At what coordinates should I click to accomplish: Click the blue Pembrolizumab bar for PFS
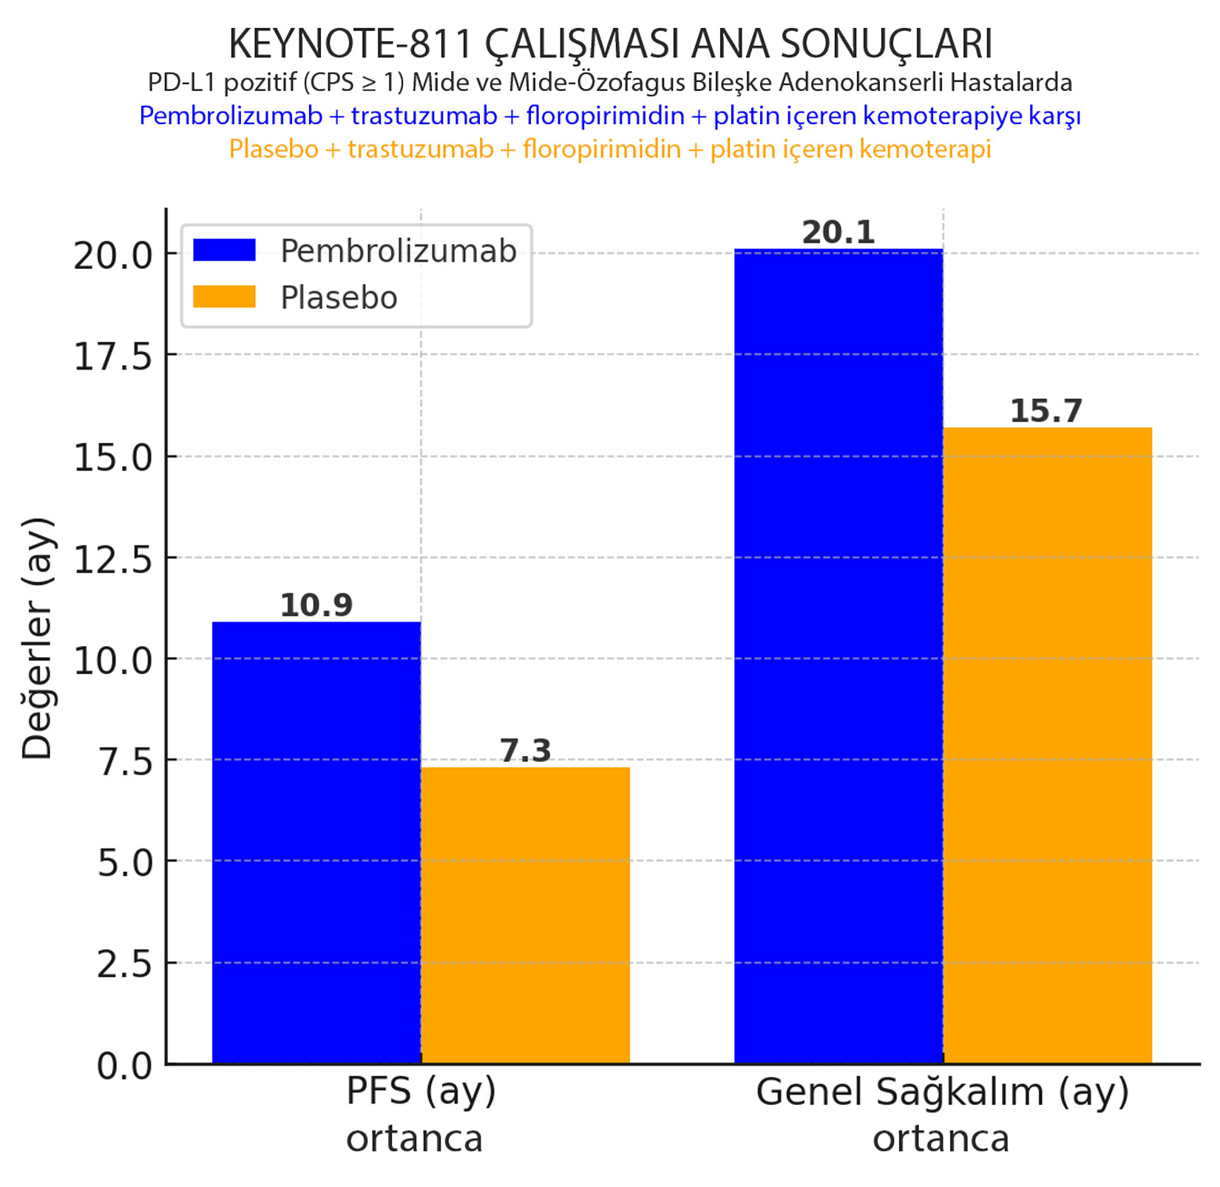[316, 843]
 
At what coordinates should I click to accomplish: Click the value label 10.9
[316, 605]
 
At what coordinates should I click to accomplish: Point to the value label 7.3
[525, 751]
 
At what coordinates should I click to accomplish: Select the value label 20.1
[838, 233]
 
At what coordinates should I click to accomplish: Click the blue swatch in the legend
[224, 250]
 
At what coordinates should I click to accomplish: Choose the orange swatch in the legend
[224, 296]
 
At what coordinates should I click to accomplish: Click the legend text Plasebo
[339, 298]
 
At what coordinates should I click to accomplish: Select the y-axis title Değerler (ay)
[37, 639]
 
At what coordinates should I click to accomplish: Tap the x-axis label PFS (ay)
[420, 1092]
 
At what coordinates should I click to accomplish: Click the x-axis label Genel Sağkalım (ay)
[942, 1092]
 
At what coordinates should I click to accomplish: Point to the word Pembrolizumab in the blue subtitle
[231, 116]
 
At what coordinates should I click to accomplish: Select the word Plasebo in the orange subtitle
[273, 149]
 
